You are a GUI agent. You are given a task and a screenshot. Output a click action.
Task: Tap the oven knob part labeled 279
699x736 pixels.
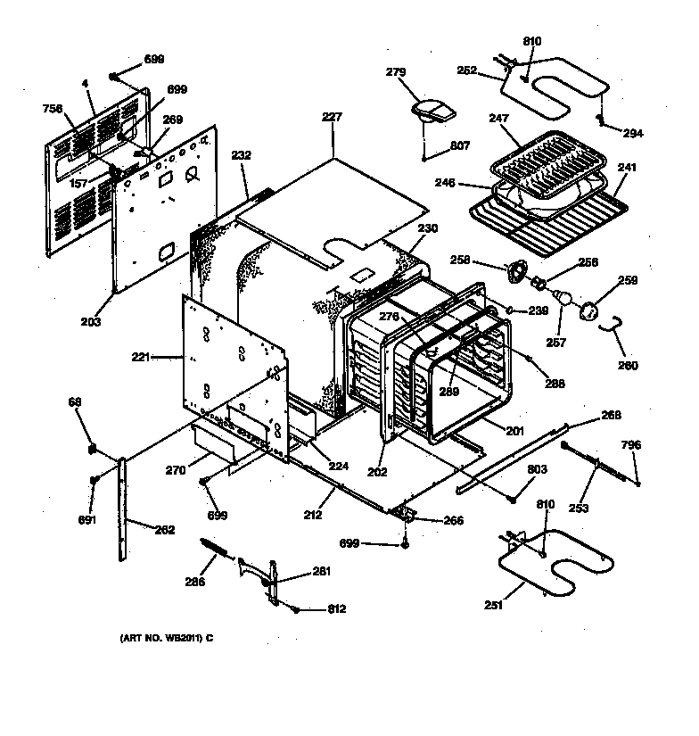point(432,111)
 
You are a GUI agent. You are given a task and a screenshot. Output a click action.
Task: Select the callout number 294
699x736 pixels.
point(632,134)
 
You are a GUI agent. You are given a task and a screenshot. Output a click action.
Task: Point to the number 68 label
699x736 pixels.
point(75,402)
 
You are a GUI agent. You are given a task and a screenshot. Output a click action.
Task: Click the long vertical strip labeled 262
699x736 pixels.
point(122,509)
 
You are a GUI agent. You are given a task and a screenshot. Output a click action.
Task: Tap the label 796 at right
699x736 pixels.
point(631,445)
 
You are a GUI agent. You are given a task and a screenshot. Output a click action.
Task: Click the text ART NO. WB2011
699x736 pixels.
point(168,638)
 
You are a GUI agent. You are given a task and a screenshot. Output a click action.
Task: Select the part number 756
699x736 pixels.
point(53,109)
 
